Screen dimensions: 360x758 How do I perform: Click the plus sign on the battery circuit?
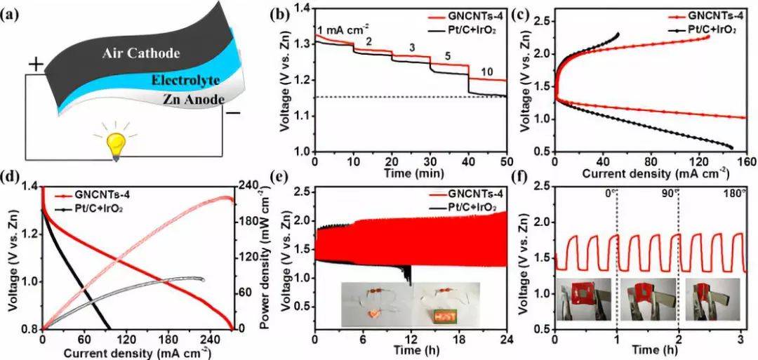point(35,65)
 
